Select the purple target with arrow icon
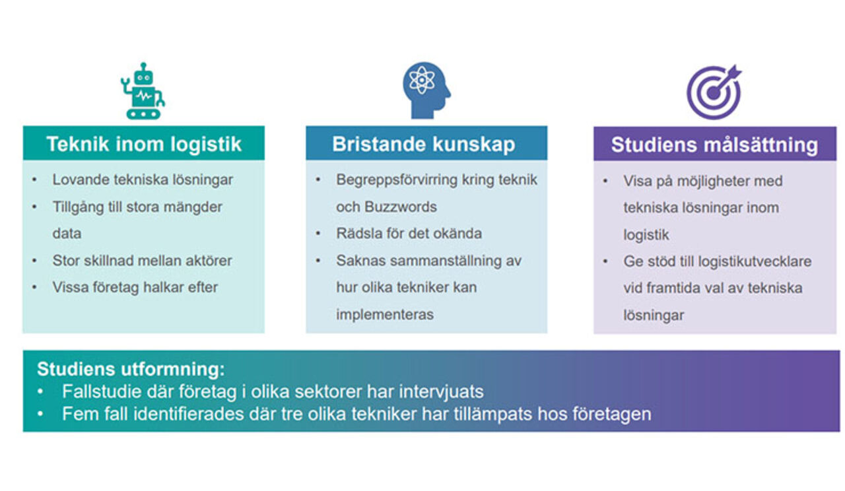click(713, 91)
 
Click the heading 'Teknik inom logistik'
click(144, 144)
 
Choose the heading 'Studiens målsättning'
click(714, 145)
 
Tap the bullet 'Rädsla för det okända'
click(409, 234)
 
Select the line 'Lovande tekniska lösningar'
click(143, 180)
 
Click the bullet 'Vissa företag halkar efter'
click(135, 287)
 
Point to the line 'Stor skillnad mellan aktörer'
click(142, 261)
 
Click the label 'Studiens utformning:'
click(131, 368)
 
